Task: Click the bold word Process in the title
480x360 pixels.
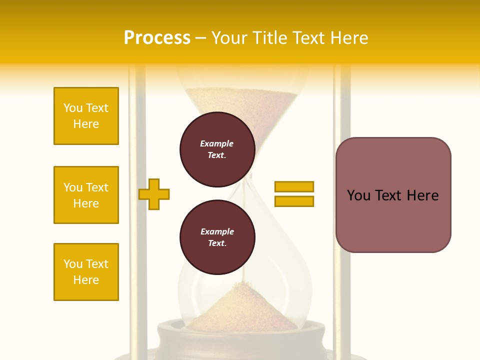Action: tap(157, 38)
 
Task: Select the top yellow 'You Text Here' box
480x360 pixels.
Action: tap(86, 116)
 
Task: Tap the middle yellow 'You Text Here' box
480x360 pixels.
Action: tap(86, 195)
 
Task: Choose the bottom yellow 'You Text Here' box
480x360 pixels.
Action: tap(86, 272)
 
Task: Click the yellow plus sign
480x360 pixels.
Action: tap(154, 194)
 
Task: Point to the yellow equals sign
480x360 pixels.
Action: tap(294, 194)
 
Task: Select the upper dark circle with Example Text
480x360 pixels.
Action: tap(217, 149)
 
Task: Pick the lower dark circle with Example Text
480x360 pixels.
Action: tap(217, 237)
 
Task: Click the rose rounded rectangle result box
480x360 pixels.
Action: tap(393, 195)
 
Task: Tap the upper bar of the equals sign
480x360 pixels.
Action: tap(294, 186)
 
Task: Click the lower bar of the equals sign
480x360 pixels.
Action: tap(294, 201)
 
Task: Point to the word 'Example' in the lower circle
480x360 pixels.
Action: tap(217, 231)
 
